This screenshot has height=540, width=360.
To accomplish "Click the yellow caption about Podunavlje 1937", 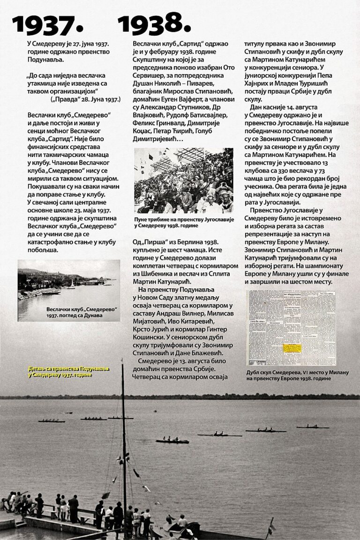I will [68, 371].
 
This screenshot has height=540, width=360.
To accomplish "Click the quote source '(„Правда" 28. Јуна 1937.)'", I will [85, 99].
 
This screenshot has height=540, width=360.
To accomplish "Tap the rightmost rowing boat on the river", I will [313, 427].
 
